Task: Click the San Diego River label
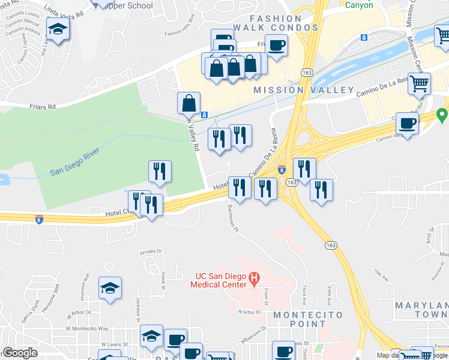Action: tap(73, 167)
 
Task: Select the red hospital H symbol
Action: tap(254, 278)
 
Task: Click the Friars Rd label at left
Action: tap(42, 107)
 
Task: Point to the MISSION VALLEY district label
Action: tap(303, 90)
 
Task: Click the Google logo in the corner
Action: tap(20, 353)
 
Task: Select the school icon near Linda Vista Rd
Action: tap(58, 30)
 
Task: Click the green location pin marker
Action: tap(442, 114)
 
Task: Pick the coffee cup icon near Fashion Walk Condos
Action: tap(276, 45)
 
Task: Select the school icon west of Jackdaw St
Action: tap(110, 289)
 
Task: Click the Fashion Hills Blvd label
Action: tap(181, 33)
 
